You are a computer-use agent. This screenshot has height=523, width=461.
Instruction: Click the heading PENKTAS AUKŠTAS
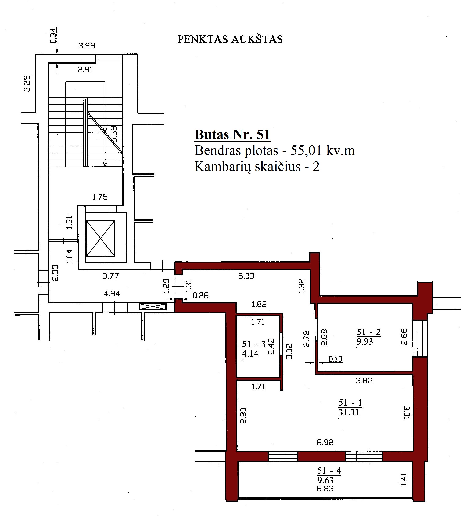click(x=230, y=39)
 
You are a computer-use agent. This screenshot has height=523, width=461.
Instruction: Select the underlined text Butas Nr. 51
click(x=233, y=135)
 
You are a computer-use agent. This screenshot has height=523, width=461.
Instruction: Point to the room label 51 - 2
click(x=369, y=332)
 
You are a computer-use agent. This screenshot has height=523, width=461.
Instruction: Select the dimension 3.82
click(x=364, y=381)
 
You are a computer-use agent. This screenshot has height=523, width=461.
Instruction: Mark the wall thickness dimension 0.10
click(x=335, y=359)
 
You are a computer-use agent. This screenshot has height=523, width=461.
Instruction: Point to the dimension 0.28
click(x=201, y=296)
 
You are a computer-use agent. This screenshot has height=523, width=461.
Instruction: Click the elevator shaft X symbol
click(x=100, y=239)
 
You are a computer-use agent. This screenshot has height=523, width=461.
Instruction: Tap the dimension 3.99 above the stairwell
click(x=87, y=46)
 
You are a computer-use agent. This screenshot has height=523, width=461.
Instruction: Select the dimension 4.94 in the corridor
click(x=112, y=294)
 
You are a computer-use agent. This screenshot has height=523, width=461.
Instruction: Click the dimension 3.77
click(x=111, y=276)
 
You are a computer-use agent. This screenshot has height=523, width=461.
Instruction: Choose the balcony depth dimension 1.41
click(x=404, y=480)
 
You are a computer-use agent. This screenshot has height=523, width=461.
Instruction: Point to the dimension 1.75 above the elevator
click(x=100, y=197)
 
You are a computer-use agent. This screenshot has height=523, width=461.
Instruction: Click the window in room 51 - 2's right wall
click(x=420, y=338)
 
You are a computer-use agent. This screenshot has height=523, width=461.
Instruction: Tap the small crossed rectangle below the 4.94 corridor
click(x=153, y=306)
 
